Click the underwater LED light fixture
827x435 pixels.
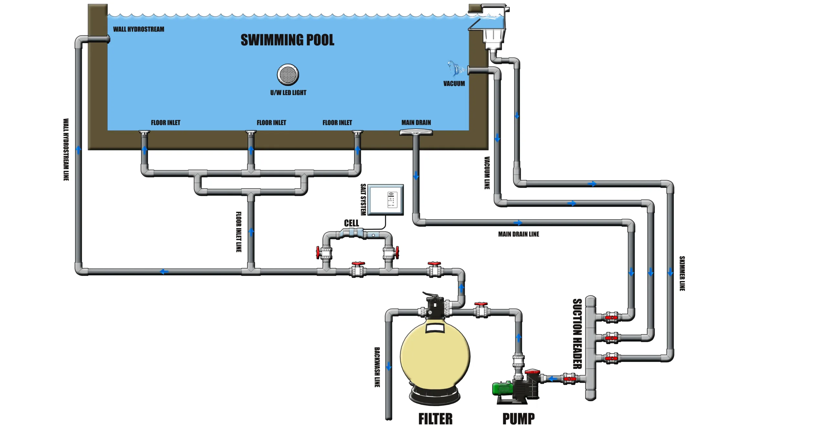click(x=288, y=75)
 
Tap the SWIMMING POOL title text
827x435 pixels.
click(x=287, y=40)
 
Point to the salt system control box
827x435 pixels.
click(x=386, y=200)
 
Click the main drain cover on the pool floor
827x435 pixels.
click(x=416, y=132)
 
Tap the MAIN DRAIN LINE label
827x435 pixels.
click(x=518, y=234)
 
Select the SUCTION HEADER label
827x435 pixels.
click(x=577, y=334)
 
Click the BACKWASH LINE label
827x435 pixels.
click(x=377, y=367)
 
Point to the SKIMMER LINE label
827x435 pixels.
click(x=682, y=273)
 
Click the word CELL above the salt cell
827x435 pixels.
click(x=351, y=223)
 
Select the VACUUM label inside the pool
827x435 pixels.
click(x=454, y=84)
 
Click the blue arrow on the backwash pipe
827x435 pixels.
click(x=389, y=366)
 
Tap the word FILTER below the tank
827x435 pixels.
click(x=435, y=419)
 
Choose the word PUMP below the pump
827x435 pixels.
click(x=518, y=419)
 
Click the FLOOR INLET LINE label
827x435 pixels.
click(x=238, y=232)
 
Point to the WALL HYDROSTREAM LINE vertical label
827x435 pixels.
click(x=66, y=150)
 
